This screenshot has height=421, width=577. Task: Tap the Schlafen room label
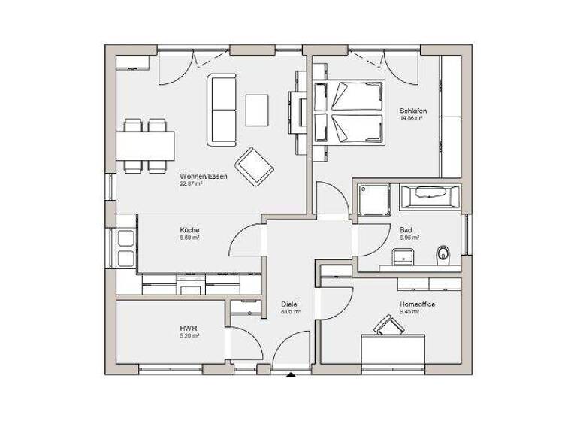[x=413, y=111]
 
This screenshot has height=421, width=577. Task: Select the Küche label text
[x=189, y=230]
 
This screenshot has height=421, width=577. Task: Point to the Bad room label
[x=406, y=230]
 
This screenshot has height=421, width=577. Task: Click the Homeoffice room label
[x=418, y=304]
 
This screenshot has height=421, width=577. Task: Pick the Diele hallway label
[x=289, y=304]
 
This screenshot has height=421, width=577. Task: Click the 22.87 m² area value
[x=192, y=183]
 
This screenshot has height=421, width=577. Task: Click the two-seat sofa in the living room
[x=222, y=109]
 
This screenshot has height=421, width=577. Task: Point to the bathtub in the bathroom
[x=429, y=198]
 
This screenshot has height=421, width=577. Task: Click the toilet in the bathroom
[x=444, y=254]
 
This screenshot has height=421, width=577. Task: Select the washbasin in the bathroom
[x=406, y=256]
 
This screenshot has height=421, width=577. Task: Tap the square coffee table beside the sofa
[x=257, y=109]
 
